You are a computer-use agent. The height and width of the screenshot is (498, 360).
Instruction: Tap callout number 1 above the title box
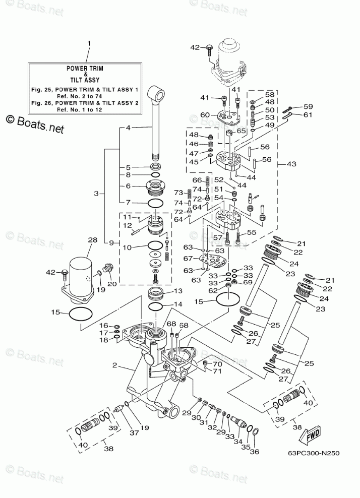(89, 43)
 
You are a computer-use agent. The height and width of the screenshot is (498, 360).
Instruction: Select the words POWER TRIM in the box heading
(85, 68)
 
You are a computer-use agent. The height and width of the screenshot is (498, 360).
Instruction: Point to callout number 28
(92, 240)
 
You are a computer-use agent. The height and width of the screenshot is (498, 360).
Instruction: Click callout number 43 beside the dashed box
(291, 164)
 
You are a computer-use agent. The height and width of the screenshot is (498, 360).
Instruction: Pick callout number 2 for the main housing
(114, 365)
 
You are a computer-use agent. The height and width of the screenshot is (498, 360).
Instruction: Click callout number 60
(205, 114)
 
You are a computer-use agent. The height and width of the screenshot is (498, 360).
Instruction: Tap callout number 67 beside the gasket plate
(188, 259)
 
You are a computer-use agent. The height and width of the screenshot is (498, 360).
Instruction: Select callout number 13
(178, 291)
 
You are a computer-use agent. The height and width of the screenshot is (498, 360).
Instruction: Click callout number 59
(308, 107)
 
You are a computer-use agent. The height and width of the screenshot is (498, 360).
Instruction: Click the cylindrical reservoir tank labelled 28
(81, 275)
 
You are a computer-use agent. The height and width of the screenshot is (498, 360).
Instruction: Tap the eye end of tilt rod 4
(157, 94)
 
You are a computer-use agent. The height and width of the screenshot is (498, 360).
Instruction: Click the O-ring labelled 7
(156, 203)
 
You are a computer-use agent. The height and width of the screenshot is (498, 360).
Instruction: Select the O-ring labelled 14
(156, 307)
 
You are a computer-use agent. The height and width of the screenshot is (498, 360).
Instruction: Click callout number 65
(242, 131)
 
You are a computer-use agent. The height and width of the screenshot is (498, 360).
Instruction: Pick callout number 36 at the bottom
(255, 451)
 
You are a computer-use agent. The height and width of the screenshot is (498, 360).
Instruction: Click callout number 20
(112, 284)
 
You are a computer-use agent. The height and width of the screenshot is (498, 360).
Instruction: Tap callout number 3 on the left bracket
(96, 193)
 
